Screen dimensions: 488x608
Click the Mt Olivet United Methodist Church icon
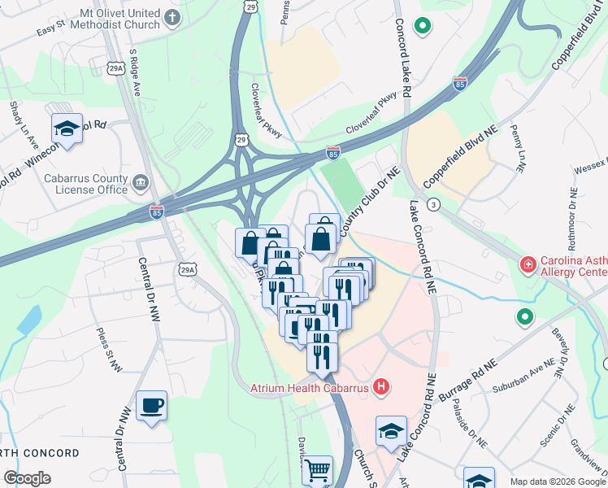tap(172, 17)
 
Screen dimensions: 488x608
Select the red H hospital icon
tap(380, 387)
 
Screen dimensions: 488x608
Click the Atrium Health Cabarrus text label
tap(309, 388)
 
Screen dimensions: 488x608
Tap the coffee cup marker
tap(152, 405)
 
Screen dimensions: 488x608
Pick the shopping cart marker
tap(317, 469)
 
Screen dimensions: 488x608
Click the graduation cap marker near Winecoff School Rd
tap(67, 128)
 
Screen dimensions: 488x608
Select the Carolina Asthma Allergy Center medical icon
tap(527, 265)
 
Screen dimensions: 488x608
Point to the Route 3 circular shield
tap(434, 205)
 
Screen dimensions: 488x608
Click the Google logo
tap(27, 478)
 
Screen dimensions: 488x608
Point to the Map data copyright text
tap(558, 481)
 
